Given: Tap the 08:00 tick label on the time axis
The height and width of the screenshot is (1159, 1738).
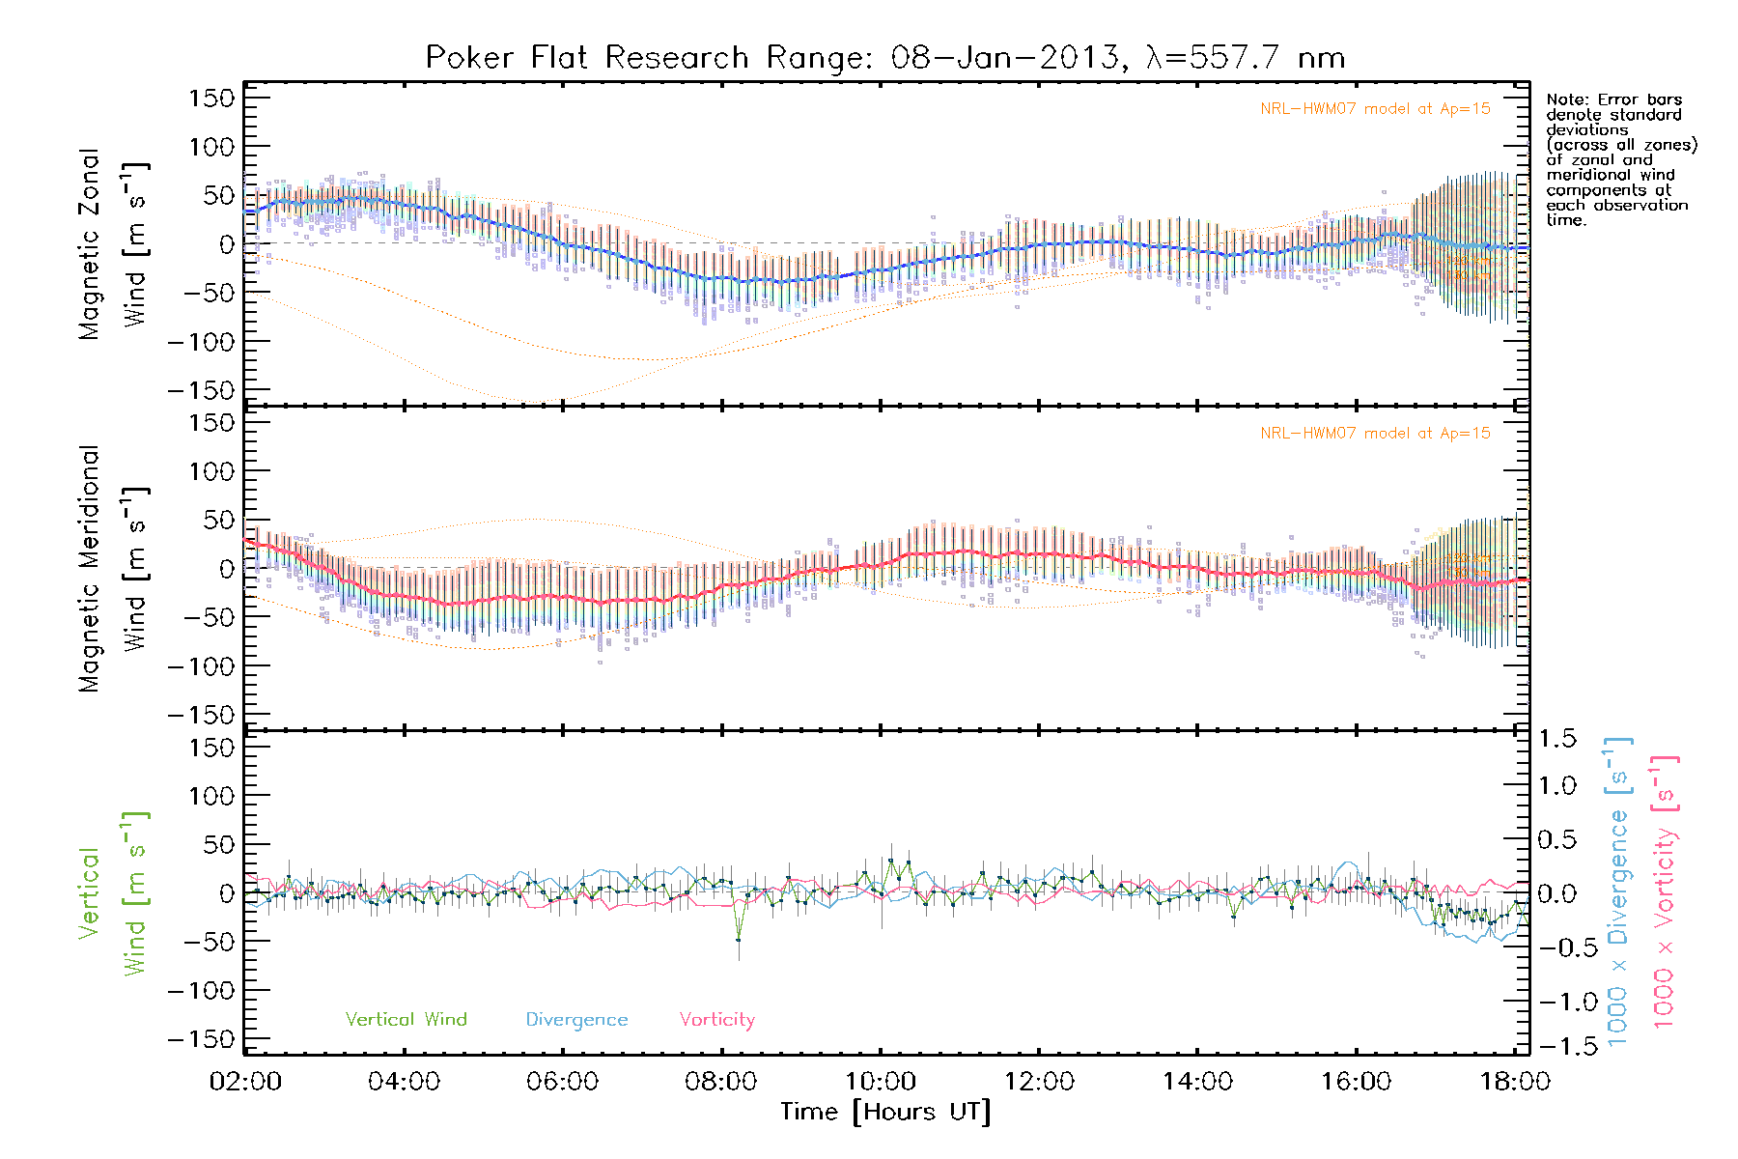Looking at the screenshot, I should (721, 1081).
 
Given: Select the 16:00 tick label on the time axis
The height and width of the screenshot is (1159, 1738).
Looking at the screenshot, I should (1356, 1081).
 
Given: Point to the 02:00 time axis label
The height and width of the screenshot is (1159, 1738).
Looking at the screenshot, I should (245, 1081).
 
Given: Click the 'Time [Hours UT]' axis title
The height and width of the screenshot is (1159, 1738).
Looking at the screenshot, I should (885, 1112).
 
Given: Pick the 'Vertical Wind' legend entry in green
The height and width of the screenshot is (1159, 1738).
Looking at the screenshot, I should (406, 1019).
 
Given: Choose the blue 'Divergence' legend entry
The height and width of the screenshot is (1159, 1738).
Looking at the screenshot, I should (576, 1019).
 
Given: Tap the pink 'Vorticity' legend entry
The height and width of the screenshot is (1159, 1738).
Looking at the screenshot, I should (716, 1019).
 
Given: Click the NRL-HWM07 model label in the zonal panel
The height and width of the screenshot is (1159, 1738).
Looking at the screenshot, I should (1375, 109).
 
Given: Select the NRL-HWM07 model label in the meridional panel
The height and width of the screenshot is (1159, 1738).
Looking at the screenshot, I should (1375, 434).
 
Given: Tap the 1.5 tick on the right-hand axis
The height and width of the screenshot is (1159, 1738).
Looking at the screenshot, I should (1556, 739).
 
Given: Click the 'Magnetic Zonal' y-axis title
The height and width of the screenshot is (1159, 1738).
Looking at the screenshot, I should (89, 244).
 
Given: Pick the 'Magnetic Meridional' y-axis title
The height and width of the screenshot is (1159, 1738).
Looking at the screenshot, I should (89, 569).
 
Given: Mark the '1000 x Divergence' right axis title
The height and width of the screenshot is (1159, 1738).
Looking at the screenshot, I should (1617, 891).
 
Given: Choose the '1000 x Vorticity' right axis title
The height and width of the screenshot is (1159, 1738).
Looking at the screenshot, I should (1664, 891).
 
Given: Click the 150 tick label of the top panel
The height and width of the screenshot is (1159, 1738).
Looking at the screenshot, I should (211, 98).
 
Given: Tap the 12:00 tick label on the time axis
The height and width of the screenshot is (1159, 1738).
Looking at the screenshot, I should (1039, 1081).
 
